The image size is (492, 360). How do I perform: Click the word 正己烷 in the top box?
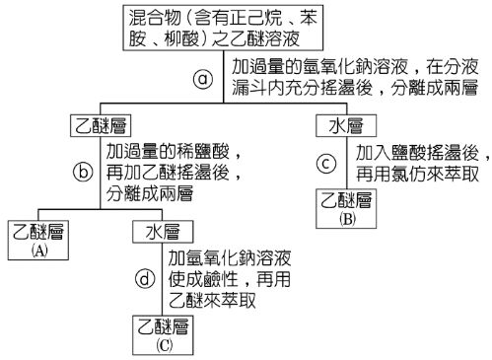pos(253,17)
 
